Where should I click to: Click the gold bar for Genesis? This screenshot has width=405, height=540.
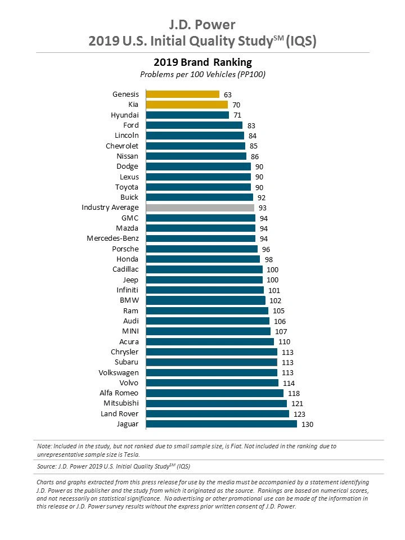point(183,94)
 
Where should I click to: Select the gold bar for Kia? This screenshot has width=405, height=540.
point(187,105)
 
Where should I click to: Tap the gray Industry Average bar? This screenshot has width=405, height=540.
point(200,208)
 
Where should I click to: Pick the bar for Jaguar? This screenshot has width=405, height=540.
point(222,424)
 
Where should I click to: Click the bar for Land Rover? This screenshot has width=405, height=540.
point(218,413)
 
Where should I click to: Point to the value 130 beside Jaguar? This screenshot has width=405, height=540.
point(308,424)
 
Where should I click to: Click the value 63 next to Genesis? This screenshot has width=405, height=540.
point(228,94)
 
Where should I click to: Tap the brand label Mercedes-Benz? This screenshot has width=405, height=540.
point(112,238)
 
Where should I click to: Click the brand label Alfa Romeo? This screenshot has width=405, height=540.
point(119,393)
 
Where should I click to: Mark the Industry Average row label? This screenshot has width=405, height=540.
point(110,208)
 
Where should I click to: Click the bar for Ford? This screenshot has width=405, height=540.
point(194,125)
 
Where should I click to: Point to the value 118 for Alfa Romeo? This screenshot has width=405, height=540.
point(294,393)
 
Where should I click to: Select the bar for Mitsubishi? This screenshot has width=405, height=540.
point(217,403)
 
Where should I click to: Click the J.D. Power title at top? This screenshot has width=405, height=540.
point(202,25)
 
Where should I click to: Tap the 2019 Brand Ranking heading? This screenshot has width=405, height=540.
point(202,62)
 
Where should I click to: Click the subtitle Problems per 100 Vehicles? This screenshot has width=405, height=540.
point(202,74)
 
